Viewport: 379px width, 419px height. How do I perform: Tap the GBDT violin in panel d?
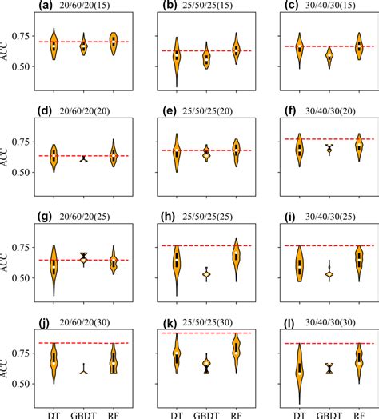(84, 158)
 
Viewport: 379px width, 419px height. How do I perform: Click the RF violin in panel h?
(236, 257)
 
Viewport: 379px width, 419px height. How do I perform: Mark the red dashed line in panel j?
(83, 343)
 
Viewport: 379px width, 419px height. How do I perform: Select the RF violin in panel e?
(236, 150)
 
